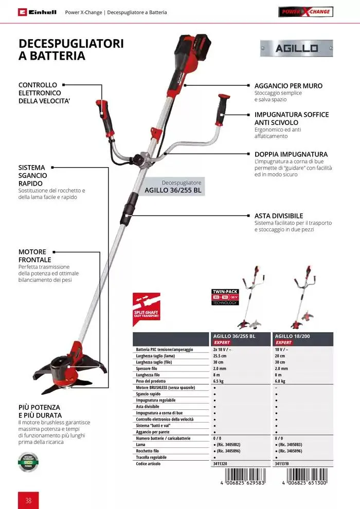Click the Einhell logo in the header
point(37,12)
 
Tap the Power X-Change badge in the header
point(305,12)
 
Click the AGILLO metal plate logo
point(296,48)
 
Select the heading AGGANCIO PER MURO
point(289,86)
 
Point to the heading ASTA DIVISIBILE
point(279,216)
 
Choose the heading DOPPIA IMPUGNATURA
point(291,154)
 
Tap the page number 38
point(28,499)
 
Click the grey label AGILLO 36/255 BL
point(173,187)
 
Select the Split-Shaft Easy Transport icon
point(146,306)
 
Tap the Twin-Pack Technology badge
point(225,297)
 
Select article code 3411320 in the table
point(220,464)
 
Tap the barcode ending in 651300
point(305,478)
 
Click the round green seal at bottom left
point(28,462)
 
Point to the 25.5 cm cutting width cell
point(220,356)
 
